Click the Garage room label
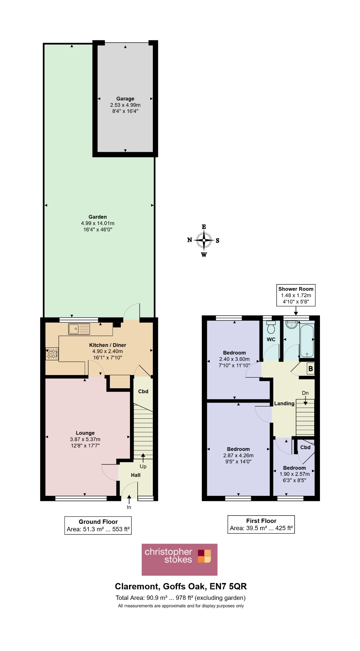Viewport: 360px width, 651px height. [x=125, y=99]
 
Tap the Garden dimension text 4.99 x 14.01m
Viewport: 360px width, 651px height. [x=98, y=223]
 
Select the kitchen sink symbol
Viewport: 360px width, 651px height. [x=79, y=329]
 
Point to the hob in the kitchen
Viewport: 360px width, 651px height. [x=52, y=353]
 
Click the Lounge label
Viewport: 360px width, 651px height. [x=85, y=433]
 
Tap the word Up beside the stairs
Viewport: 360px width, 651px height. [x=143, y=467]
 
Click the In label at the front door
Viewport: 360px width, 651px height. [x=129, y=507]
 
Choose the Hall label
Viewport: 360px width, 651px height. [x=136, y=475]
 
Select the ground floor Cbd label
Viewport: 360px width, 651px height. [x=143, y=391]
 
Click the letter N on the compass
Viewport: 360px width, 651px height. [x=190, y=240]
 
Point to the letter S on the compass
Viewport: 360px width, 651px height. [x=218, y=241]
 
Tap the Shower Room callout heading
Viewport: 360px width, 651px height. [x=296, y=289]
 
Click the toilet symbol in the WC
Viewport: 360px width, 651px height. [x=271, y=327]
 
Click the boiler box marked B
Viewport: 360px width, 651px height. [x=310, y=369]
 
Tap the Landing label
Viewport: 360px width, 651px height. [x=284, y=403]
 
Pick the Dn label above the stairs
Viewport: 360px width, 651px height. [x=305, y=393]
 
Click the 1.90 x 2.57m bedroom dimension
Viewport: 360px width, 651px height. [x=295, y=474]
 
